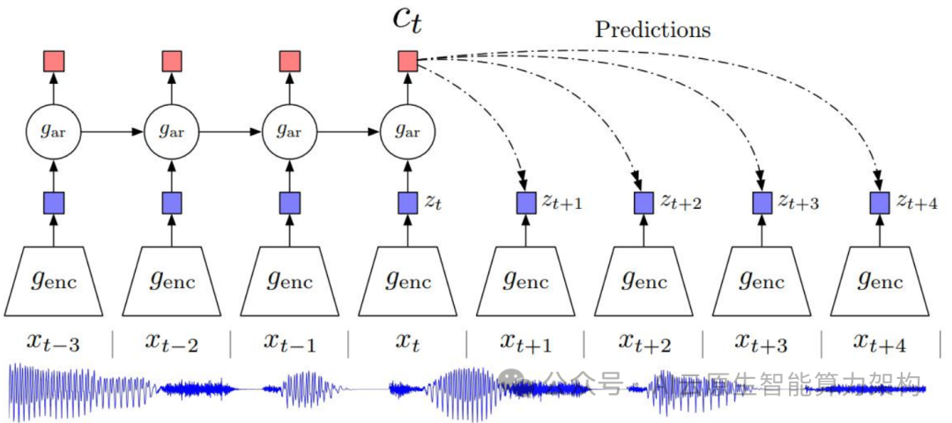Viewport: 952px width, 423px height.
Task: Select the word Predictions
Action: pyautogui.click(x=652, y=29)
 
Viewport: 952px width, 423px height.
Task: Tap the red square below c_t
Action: pyautogui.click(x=407, y=61)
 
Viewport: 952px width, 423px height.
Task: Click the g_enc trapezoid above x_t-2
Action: pyautogui.click(x=172, y=280)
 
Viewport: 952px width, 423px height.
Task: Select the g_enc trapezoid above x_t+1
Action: pyautogui.click(x=524, y=280)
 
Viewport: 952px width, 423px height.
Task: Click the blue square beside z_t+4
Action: pyautogui.click(x=878, y=203)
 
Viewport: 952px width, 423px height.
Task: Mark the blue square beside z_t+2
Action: pyautogui.click(x=643, y=203)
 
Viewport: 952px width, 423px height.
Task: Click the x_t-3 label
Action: pyautogui.click(x=55, y=342)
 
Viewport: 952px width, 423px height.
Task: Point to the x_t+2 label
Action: pyautogui.click(x=643, y=342)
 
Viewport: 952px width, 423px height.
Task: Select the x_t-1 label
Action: pyautogui.click(x=290, y=342)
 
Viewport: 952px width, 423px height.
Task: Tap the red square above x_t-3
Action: pyautogui.click(x=55, y=61)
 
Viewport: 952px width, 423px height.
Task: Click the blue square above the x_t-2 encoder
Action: pyautogui.click(x=172, y=203)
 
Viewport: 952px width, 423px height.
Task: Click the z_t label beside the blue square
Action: pyautogui.click(x=433, y=203)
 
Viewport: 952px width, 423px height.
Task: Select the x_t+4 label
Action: pyautogui.click(x=878, y=342)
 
